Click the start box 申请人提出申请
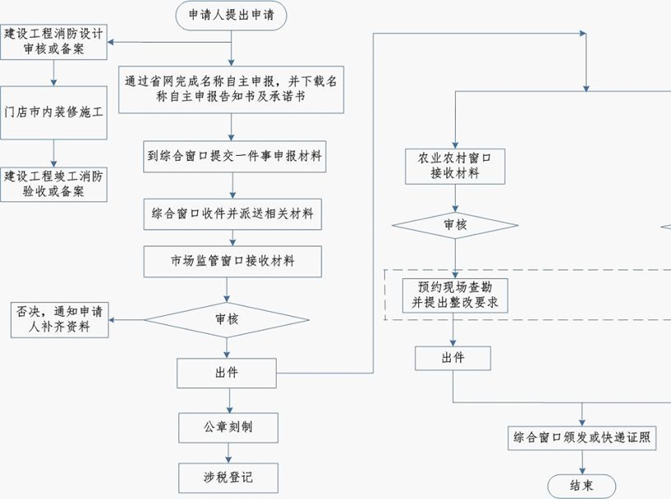pos(232,16)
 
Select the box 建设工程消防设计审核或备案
pos(54,42)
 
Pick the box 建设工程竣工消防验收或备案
pos(54,185)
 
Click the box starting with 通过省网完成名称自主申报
pos(232,89)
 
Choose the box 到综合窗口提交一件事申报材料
pos(232,155)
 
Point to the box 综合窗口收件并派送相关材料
pos(232,216)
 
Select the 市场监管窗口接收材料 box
pos(232,262)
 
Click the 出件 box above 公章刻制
pos(227,373)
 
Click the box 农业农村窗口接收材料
pos(454,166)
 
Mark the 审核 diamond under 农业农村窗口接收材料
pos(454,225)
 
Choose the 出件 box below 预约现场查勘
pos(453,359)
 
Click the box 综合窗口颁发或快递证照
pos(582,437)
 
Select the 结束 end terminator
pos(581,484)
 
